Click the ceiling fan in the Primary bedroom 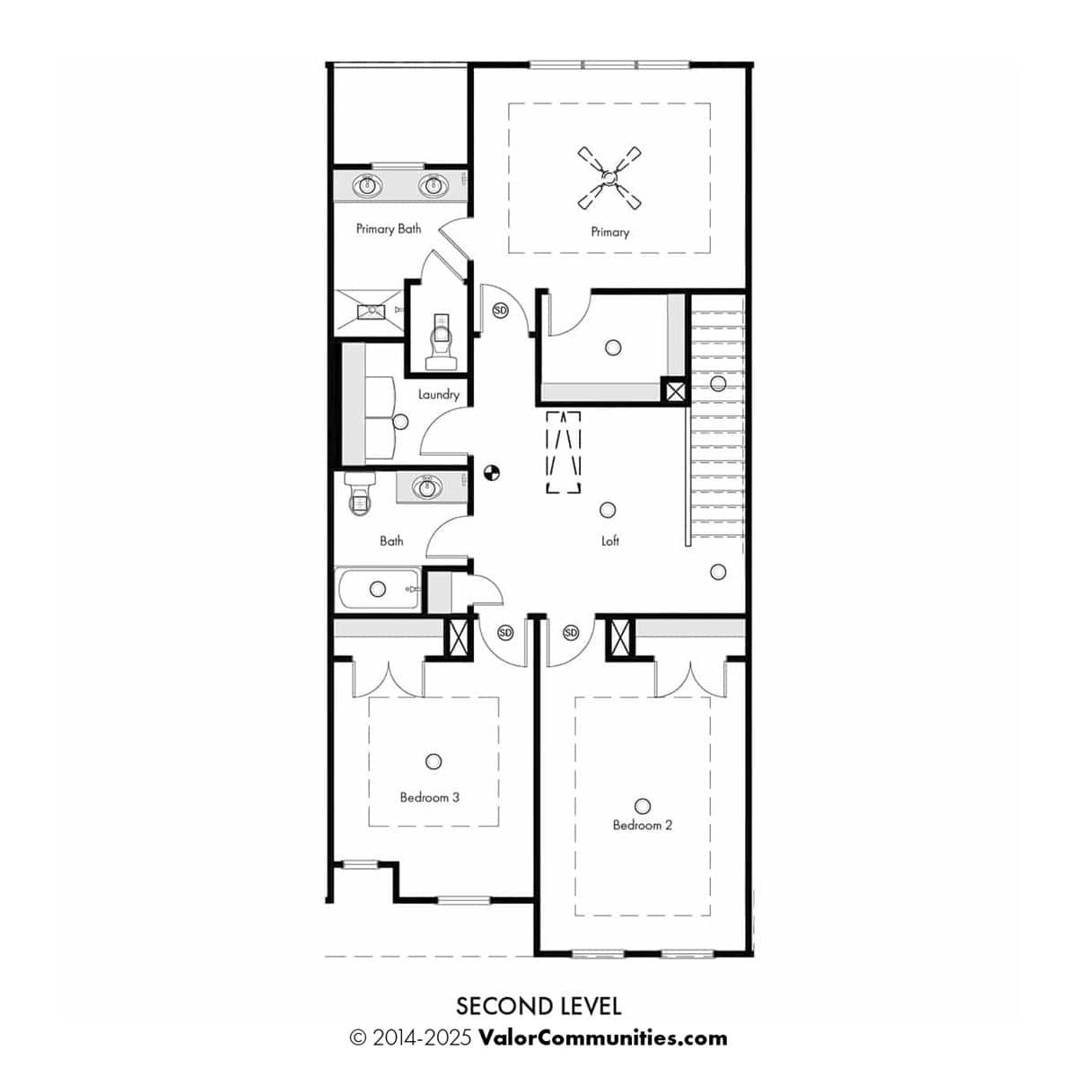(x=609, y=179)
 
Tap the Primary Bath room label (x=389, y=229)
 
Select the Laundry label (x=439, y=395)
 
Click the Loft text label (x=609, y=540)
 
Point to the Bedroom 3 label (x=429, y=798)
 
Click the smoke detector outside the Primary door (x=500, y=311)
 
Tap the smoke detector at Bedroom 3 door (x=505, y=633)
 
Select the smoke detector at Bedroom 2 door (x=571, y=633)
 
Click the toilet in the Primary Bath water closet (x=441, y=341)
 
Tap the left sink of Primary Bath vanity (x=367, y=186)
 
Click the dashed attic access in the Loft (x=564, y=452)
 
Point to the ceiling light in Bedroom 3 (x=433, y=761)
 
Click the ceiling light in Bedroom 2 (x=643, y=805)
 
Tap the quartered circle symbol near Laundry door (x=491, y=473)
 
